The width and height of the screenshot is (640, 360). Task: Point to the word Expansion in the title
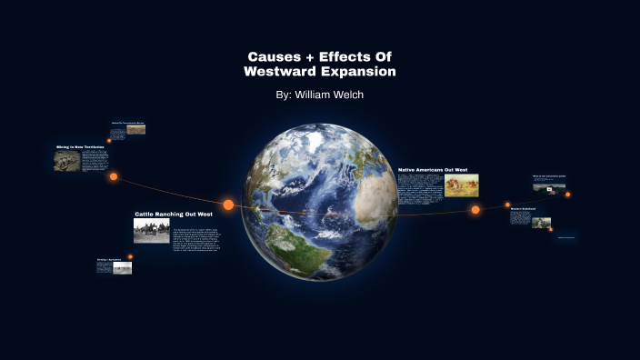point(357,71)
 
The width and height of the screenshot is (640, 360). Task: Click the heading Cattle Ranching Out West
point(180,214)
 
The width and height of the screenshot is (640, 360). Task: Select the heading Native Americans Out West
point(433,170)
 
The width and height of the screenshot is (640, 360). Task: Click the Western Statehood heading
point(523,209)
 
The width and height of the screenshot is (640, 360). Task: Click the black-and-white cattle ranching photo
point(152,231)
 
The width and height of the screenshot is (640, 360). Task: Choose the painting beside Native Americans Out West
point(461,185)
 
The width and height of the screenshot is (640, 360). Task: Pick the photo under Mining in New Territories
point(66,161)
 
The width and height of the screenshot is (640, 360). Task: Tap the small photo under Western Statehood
point(542,222)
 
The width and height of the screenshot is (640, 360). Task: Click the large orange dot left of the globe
point(228,205)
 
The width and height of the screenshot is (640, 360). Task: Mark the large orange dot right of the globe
point(475,210)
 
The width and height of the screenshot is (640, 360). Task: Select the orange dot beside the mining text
point(114,176)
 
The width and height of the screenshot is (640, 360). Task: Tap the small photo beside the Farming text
point(122,268)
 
